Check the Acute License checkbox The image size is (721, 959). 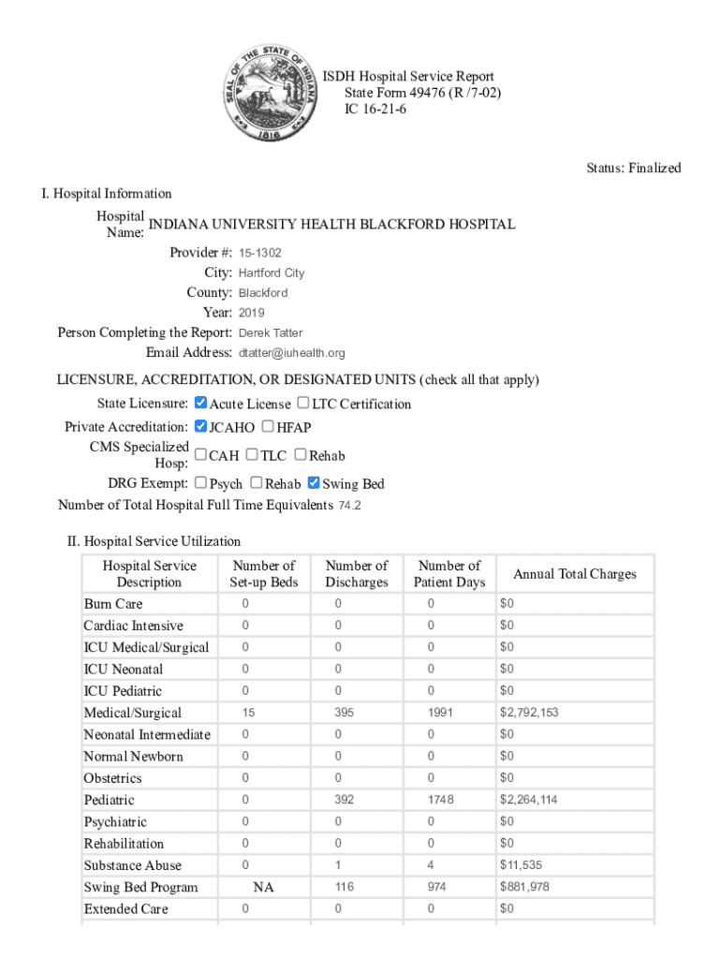(x=200, y=404)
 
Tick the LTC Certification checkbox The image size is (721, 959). (x=303, y=404)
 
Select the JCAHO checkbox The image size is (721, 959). (x=200, y=427)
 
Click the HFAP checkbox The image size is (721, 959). (x=268, y=427)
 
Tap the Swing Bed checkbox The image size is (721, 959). (x=315, y=483)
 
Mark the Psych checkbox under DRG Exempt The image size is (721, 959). (x=200, y=483)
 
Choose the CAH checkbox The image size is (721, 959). (x=200, y=455)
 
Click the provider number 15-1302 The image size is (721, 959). (x=259, y=253)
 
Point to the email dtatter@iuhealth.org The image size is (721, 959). (x=291, y=353)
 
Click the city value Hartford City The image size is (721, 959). (x=271, y=273)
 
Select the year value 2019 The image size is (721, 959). (x=252, y=313)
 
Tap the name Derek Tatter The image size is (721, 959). (x=271, y=332)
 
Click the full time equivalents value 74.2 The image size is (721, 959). (x=349, y=506)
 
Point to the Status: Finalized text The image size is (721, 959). (x=634, y=169)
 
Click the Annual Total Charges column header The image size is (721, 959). (x=574, y=574)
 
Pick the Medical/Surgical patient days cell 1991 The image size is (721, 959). (x=440, y=713)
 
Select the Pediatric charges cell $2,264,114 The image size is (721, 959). (x=529, y=800)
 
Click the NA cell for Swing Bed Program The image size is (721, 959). (x=264, y=888)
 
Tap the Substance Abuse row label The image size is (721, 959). (x=132, y=865)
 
